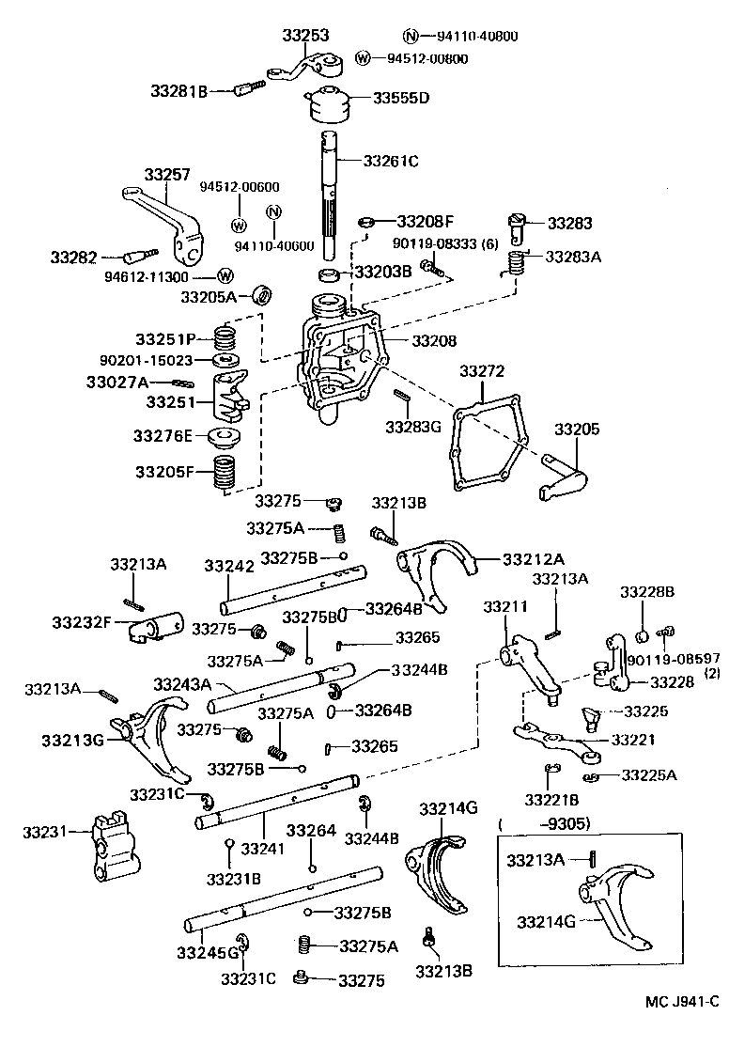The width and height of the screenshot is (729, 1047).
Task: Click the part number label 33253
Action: [305, 36]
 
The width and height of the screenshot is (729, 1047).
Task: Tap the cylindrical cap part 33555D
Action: [328, 103]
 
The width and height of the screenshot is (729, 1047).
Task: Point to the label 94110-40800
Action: [476, 37]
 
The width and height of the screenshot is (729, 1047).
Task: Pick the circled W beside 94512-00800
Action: [364, 58]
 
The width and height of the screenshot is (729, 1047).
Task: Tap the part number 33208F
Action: [425, 222]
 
